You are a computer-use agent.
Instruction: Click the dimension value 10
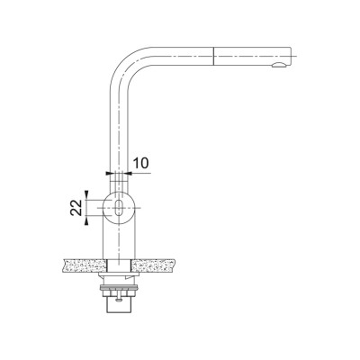[x=140, y=163]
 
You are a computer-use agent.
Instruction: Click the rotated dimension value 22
[x=76, y=208]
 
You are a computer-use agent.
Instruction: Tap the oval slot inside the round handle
[x=119, y=208]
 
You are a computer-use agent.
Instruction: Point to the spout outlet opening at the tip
[x=279, y=65]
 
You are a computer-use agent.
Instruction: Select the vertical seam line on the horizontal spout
[x=213, y=56]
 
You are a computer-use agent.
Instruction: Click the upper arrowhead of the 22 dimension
[x=86, y=193]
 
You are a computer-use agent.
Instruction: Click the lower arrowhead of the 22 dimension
[x=86, y=221]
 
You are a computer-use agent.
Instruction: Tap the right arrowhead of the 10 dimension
[x=128, y=173]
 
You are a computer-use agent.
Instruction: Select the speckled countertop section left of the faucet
[x=85, y=265]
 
